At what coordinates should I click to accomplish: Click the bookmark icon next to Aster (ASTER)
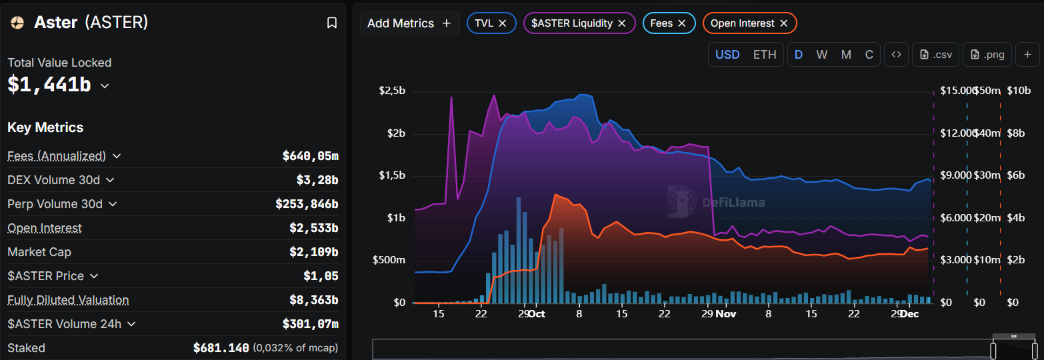coord(332,23)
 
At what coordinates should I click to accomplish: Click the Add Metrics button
coord(409,23)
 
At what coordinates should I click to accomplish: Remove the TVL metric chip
coord(503,23)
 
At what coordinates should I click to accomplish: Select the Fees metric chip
coord(661,23)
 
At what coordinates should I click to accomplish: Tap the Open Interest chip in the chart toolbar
coord(742,23)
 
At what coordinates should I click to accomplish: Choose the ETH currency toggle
coord(765,55)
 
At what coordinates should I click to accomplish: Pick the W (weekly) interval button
coord(821,55)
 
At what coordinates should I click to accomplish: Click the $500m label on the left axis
coord(389,260)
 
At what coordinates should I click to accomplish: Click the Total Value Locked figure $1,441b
coord(49,85)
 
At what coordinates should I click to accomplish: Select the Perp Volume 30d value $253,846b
coord(307,204)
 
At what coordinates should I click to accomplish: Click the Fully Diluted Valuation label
coord(68,300)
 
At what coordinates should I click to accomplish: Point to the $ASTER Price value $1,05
coord(321,276)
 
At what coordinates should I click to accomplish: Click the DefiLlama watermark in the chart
coord(717,202)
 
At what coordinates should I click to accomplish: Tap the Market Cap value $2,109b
coord(313,252)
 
